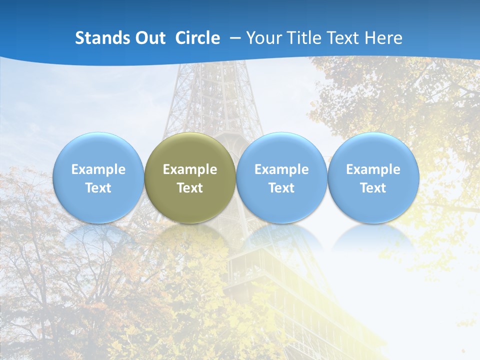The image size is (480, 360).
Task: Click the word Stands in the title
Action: [98, 38]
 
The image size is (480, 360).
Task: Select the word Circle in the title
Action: [197, 38]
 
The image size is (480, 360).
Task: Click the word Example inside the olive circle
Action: [190, 169]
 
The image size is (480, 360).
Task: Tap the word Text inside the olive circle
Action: [190, 188]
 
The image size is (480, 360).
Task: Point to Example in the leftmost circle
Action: [98, 169]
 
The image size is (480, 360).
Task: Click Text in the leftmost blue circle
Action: [98, 188]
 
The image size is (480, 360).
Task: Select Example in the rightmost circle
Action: [373, 169]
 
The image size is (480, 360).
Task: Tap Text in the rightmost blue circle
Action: [373, 188]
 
